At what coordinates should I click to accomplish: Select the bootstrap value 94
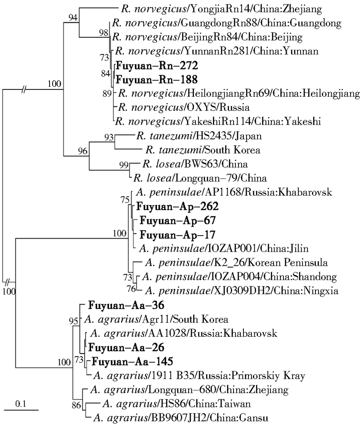click(73, 17)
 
